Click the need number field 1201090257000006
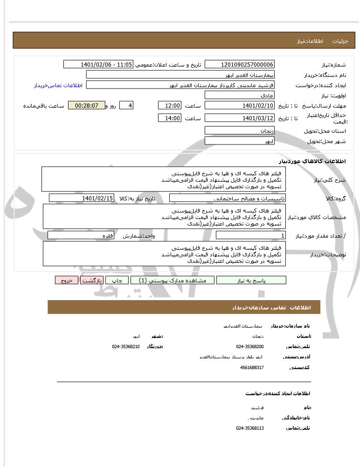tap(240, 64)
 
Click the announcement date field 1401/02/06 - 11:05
tap(98, 64)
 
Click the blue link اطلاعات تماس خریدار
tap(58, 85)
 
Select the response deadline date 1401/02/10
tap(240, 106)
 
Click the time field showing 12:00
tap(170, 106)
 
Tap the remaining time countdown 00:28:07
tap(87, 106)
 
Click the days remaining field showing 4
tap(126, 106)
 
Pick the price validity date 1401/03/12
tap(240, 118)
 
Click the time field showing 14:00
tap(170, 118)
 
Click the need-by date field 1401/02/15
tap(82, 198)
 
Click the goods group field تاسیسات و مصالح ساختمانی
tap(228, 198)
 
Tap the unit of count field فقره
tap(82, 236)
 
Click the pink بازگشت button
tap(91, 280)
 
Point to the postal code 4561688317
tap(252, 367)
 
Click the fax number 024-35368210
tap(126, 346)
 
